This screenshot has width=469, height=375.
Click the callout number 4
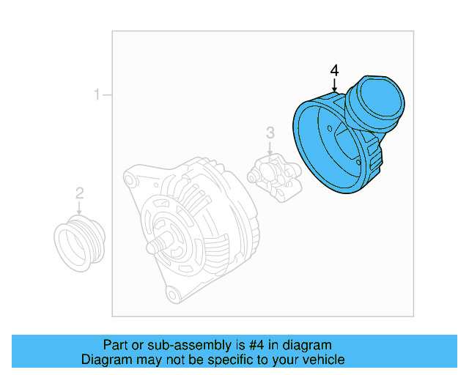(334, 70)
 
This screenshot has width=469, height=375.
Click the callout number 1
(96, 94)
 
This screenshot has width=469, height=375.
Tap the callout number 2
(80, 193)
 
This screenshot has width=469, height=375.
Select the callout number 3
(270, 133)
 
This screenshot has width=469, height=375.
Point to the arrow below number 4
(334, 84)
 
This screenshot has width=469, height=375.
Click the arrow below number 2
(80, 208)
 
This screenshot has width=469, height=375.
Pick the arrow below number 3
(270, 147)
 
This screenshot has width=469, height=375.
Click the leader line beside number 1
(107, 94)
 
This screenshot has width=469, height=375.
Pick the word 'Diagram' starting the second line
(105, 360)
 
